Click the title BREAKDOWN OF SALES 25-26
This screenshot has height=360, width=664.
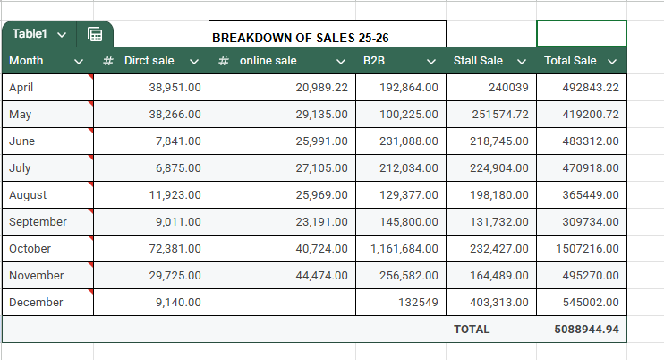[x=301, y=38]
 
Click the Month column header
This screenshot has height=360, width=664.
[x=27, y=61]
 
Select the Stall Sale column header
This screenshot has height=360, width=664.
[x=478, y=61]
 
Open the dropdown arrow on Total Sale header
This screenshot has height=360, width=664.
[x=612, y=61]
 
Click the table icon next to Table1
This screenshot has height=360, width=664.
[x=95, y=34]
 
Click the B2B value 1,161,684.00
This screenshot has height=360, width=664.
[x=404, y=249]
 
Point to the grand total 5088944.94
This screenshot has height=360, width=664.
[x=586, y=330]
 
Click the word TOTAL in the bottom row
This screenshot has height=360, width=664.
[x=472, y=330]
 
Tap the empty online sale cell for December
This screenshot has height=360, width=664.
[x=282, y=303]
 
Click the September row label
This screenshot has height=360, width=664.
[x=38, y=222]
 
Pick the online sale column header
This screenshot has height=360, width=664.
[x=268, y=61]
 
